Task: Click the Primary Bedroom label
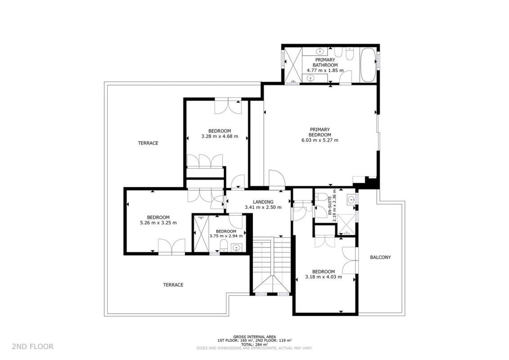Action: point(320,132)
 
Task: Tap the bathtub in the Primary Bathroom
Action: point(369,65)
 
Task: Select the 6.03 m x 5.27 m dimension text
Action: point(320,140)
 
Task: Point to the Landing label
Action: point(263,202)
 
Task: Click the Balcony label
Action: point(380,257)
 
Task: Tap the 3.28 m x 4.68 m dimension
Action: point(220,136)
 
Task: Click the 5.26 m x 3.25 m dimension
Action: point(158,223)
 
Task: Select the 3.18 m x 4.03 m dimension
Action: point(324,277)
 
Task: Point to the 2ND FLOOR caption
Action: point(33,346)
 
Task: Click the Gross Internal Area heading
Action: point(255,337)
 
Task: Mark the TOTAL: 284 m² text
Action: point(255,344)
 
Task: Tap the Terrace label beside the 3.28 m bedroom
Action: point(148,143)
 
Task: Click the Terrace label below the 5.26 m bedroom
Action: point(173,285)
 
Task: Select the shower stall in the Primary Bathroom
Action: point(293,65)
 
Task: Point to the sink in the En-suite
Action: point(351,200)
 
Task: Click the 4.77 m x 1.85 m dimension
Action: point(325,70)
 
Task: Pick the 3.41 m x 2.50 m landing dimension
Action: point(263,207)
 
